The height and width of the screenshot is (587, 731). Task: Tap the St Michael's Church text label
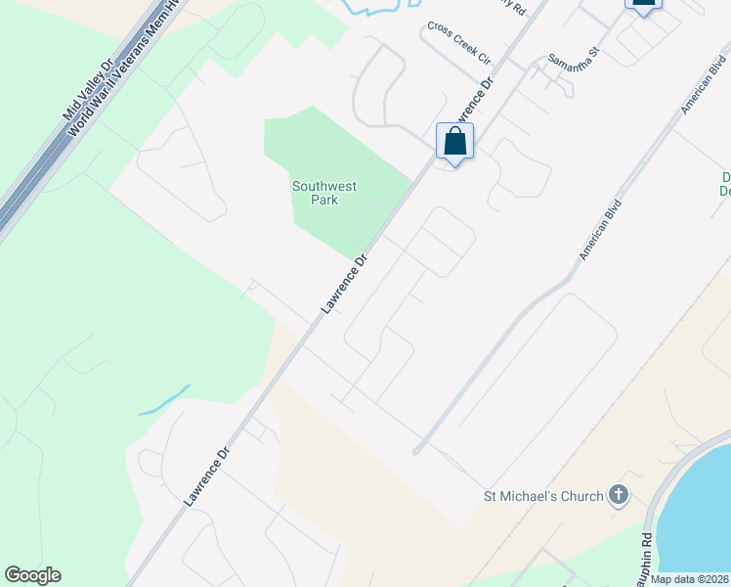coord(543,496)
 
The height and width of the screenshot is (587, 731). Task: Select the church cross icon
coord(618,495)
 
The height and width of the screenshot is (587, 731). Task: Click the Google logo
coord(32,575)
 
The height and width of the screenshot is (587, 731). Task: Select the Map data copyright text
coord(690,579)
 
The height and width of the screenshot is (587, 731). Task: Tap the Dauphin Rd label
coord(646,554)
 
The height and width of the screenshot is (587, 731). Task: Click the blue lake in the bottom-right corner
coord(699,519)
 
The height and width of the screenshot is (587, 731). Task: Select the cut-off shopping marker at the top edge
coord(643,4)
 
